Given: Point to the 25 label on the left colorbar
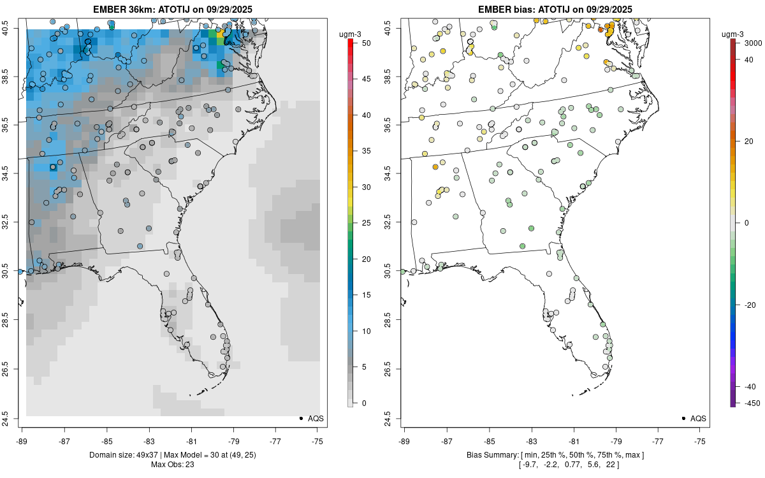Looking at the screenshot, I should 366,223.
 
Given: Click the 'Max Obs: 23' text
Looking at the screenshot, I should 172,464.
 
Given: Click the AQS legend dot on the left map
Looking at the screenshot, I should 300,418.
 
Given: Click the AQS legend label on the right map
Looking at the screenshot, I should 698,418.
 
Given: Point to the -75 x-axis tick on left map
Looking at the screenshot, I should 318,440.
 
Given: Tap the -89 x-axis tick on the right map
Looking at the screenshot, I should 404,440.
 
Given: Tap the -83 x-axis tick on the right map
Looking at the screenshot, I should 531,440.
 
